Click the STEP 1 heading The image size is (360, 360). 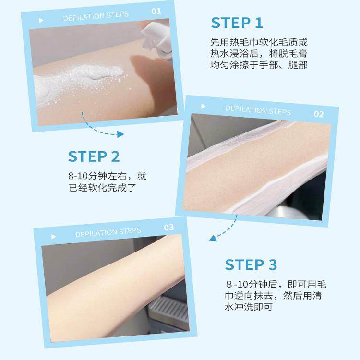tap(237, 23)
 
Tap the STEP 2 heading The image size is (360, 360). tap(94, 156)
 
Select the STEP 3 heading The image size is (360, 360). tap(251, 264)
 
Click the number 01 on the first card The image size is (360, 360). tap(156, 11)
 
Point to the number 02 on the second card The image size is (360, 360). tap(318, 114)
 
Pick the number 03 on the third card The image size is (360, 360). tap(168, 228)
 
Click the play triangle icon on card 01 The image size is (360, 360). tap(41, 21)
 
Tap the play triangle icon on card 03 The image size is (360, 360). tap(53, 237)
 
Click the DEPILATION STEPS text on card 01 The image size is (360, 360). tap(96, 16)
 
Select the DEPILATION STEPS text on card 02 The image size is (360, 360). tap(258, 110)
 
